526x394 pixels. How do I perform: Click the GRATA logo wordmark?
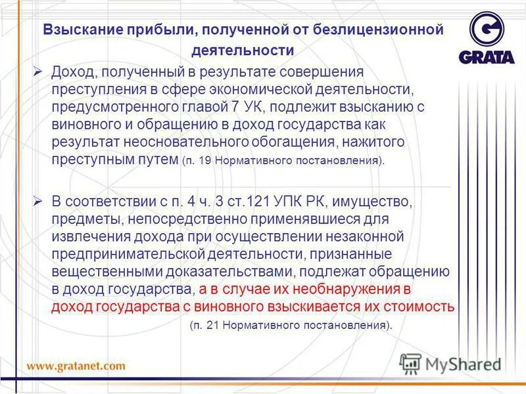[x=487, y=56]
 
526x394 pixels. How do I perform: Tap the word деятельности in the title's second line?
[x=243, y=50]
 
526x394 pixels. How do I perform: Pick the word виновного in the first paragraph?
[x=82, y=124]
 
